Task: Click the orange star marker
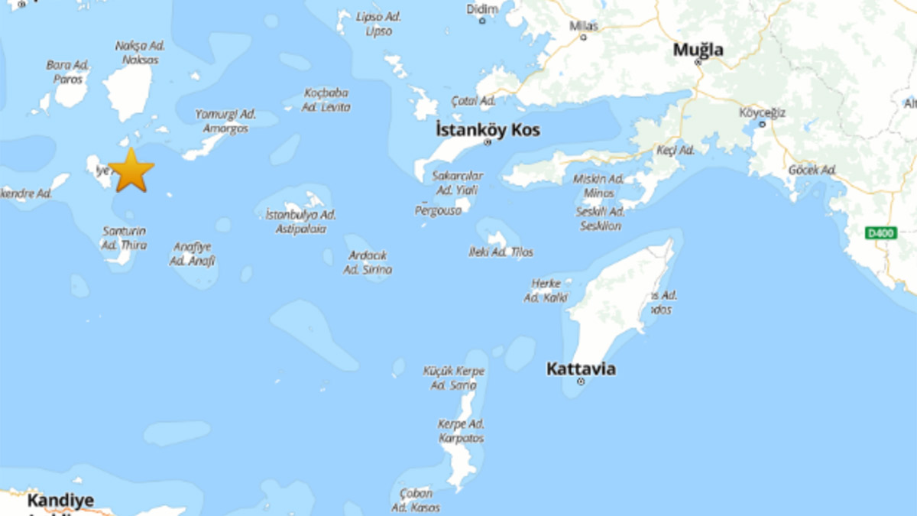click(131, 170)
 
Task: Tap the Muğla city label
click(698, 50)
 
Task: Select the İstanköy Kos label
click(488, 130)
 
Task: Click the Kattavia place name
click(581, 369)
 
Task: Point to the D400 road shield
click(881, 233)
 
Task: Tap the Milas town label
click(584, 26)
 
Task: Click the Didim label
click(482, 9)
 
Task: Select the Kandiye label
click(60, 501)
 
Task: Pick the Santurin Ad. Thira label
click(124, 238)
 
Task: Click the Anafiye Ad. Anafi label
click(192, 254)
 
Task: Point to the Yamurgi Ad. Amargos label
click(225, 121)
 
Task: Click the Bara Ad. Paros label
click(68, 72)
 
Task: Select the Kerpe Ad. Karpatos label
click(461, 431)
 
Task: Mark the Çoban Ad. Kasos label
click(416, 501)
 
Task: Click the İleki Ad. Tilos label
click(501, 252)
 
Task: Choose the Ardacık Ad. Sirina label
click(368, 262)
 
